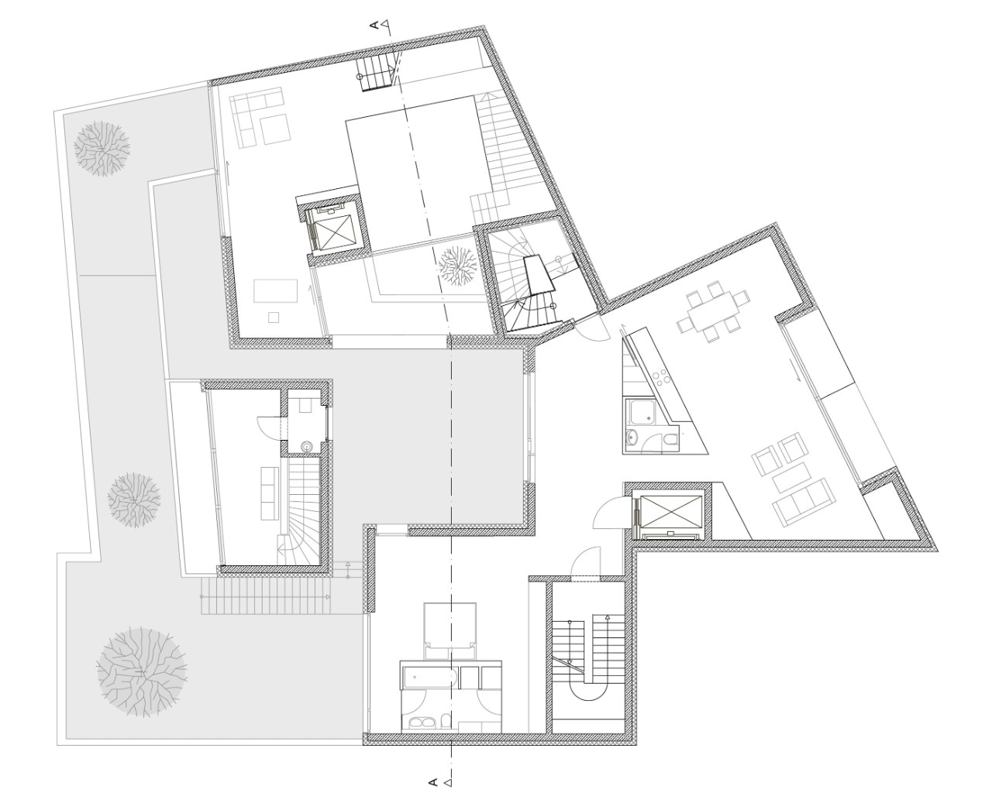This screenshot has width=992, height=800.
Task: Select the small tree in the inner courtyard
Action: pyautogui.click(x=458, y=266)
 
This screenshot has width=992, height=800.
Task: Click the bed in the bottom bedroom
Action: pyautogui.click(x=450, y=631)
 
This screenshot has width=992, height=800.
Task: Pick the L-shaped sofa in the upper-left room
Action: pyautogui.click(x=257, y=115)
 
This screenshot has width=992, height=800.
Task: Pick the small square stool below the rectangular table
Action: pyautogui.click(x=274, y=318)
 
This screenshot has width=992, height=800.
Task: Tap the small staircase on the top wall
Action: pyautogui.click(x=377, y=73)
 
